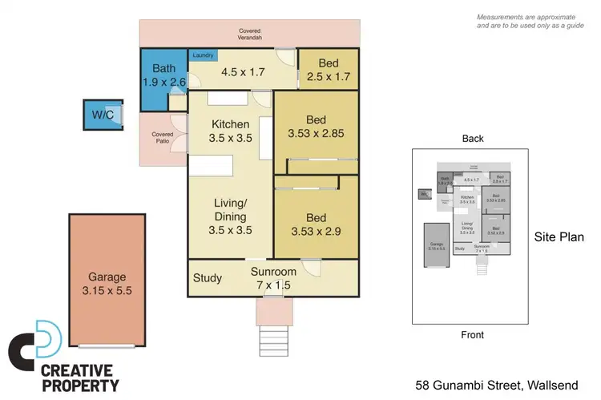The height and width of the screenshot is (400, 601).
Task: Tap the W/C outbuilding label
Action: (x=102, y=115)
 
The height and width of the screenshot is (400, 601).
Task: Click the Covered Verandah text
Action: (x=249, y=34)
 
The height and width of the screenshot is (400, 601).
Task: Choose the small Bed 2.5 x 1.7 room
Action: (x=329, y=70)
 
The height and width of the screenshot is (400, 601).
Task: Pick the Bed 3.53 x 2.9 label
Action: (x=316, y=224)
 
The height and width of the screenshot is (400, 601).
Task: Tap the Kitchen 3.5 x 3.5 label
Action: (x=231, y=131)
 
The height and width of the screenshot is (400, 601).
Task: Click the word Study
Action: (x=208, y=278)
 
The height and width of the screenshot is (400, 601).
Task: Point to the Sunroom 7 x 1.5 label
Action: (x=273, y=278)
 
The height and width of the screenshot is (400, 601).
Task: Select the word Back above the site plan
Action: (x=473, y=139)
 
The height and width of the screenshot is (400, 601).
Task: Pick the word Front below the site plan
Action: (x=472, y=335)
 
